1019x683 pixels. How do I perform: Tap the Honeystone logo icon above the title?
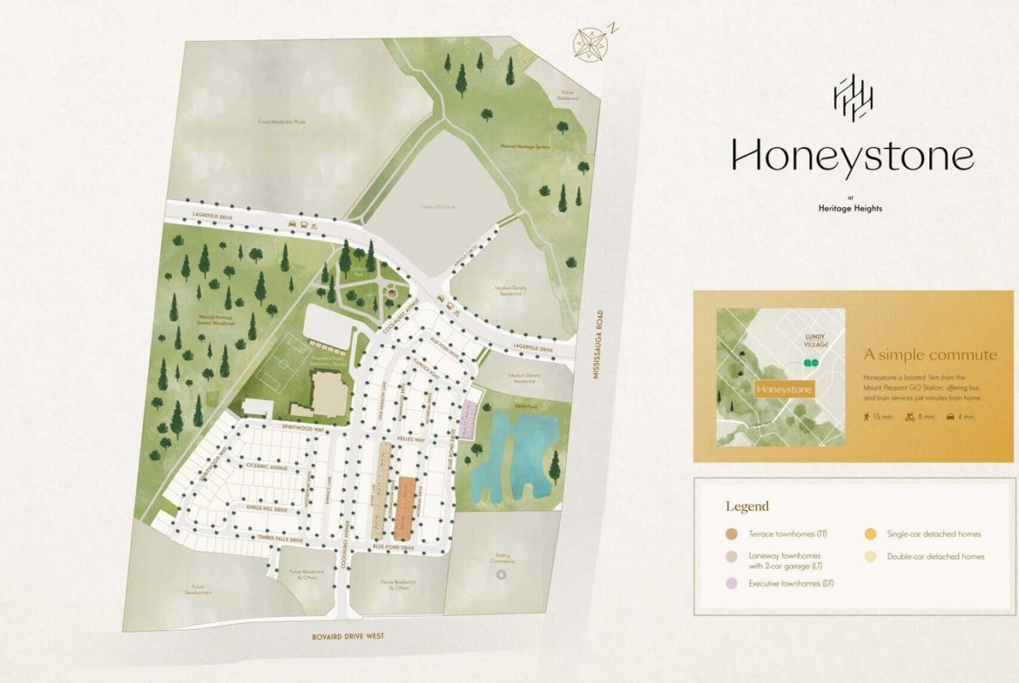(854, 97)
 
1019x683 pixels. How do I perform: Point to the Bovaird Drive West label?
(348, 637)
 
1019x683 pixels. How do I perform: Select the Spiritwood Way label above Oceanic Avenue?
(304, 430)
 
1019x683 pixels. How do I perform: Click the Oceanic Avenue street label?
(267, 467)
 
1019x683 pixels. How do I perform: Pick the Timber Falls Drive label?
(280, 540)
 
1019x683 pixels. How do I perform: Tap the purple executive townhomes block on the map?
(469, 419)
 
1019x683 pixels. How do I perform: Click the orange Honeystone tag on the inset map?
(784, 389)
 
